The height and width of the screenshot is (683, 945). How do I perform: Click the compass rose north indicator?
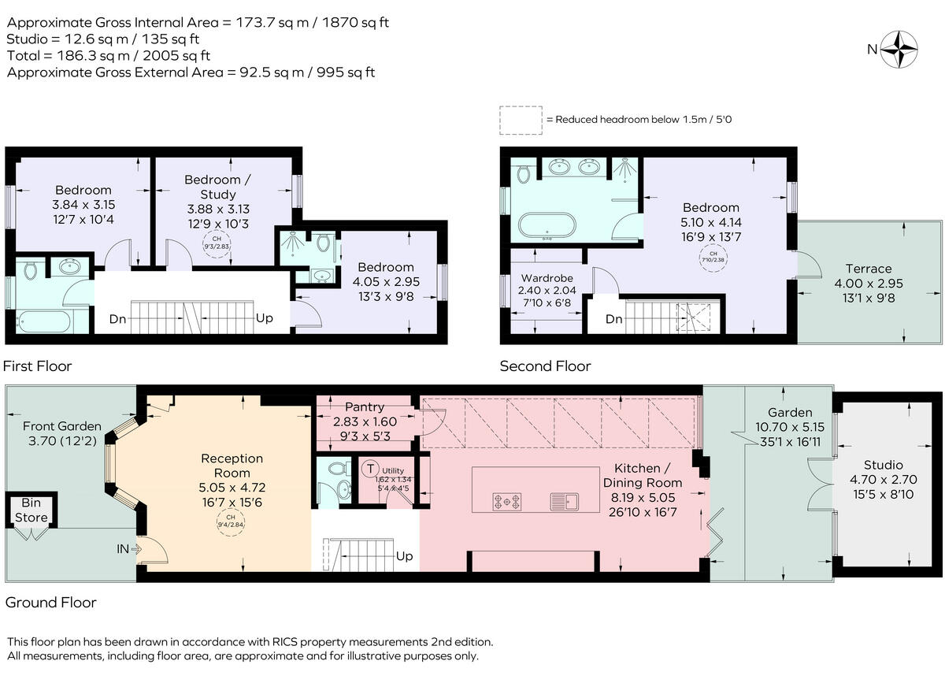point(899,49)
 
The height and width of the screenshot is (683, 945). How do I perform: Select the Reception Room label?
point(232,458)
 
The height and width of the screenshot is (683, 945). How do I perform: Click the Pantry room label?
point(365,407)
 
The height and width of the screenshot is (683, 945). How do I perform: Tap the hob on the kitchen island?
point(505,499)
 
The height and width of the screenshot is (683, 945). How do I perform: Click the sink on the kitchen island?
point(565,499)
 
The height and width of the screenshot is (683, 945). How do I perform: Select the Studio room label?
point(883,465)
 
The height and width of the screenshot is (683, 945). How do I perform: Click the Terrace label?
point(869,269)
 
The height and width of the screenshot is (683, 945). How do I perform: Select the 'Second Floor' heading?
point(545,366)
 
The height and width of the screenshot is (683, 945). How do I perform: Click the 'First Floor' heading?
point(38,366)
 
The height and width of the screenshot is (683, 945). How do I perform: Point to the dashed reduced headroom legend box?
point(521,120)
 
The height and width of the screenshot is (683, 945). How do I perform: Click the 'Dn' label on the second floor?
point(614,320)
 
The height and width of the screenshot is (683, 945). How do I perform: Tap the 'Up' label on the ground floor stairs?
point(404,556)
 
